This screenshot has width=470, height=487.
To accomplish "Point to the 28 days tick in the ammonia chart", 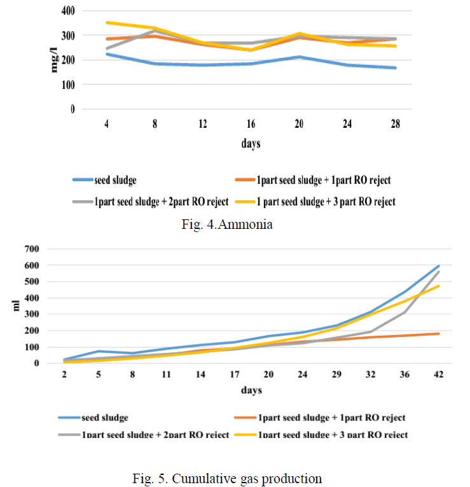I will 395,124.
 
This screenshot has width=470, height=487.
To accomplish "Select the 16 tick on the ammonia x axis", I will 251,124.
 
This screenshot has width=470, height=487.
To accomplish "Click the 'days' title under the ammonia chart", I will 251,144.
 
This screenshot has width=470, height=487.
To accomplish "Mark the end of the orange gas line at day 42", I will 438,333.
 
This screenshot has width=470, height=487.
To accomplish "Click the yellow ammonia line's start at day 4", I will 107,22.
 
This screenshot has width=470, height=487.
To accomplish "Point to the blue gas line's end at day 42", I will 438,266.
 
